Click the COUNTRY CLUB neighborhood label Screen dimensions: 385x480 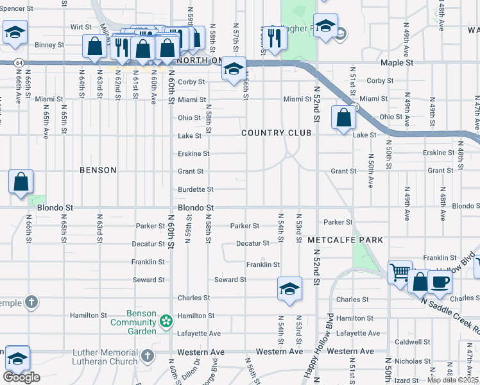tap(276, 133)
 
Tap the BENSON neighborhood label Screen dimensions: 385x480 tap(98, 170)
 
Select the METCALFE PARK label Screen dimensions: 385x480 tap(345, 240)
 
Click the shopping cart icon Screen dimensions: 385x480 tap(400, 272)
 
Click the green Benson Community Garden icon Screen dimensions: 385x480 tap(166, 320)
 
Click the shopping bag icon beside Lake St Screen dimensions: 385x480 tap(343, 117)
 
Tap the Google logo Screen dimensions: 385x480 tap(21, 377)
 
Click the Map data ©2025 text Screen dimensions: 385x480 tap(453, 380)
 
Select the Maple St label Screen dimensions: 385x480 tap(396, 63)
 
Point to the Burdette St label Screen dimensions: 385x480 tap(195, 190)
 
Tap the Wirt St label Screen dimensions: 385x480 tap(81, 27)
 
